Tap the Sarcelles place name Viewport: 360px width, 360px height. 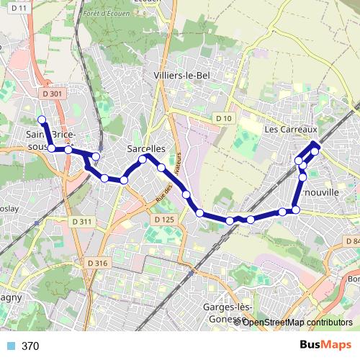click(145, 148)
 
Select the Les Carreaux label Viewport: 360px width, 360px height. click(291, 130)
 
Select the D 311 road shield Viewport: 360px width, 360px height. click(82, 222)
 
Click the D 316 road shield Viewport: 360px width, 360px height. click(96, 264)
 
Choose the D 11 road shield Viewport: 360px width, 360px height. click(20, 8)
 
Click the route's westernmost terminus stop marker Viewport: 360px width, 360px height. click(42, 120)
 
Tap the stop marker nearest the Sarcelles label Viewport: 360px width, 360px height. click(143, 159)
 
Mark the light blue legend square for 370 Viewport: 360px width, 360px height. click(10, 346)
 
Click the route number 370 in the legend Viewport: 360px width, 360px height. click(30, 346)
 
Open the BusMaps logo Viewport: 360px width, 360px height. click(325, 345)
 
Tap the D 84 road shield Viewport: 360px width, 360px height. click(353, 241)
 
